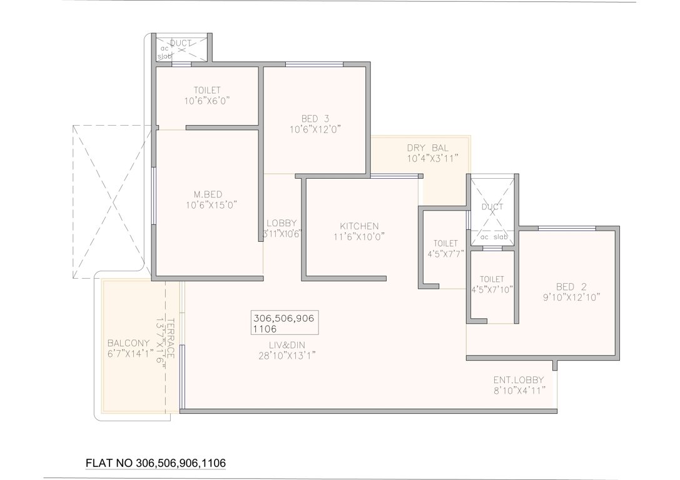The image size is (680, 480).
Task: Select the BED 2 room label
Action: pyautogui.click(x=574, y=287)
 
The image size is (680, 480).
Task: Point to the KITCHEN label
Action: pyautogui.click(x=358, y=226)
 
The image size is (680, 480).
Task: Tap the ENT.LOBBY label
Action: pyautogui.click(x=519, y=379)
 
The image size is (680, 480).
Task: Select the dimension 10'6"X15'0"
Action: pyautogui.click(x=211, y=204)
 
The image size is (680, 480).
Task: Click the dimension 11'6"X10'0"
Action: pyautogui.click(x=358, y=236)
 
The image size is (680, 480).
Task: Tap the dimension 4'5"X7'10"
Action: pyautogui.click(x=492, y=289)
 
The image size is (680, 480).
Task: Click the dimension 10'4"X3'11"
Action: pyautogui.click(x=433, y=159)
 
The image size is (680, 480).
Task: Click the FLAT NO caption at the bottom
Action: pyautogui.click(x=155, y=463)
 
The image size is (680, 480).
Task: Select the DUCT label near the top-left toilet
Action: pyautogui.click(x=181, y=43)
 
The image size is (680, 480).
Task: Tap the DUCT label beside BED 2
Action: pyautogui.click(x=492, y=206)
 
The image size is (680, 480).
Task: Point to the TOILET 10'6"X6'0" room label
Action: pyautogui.click(x=207, y=89)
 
